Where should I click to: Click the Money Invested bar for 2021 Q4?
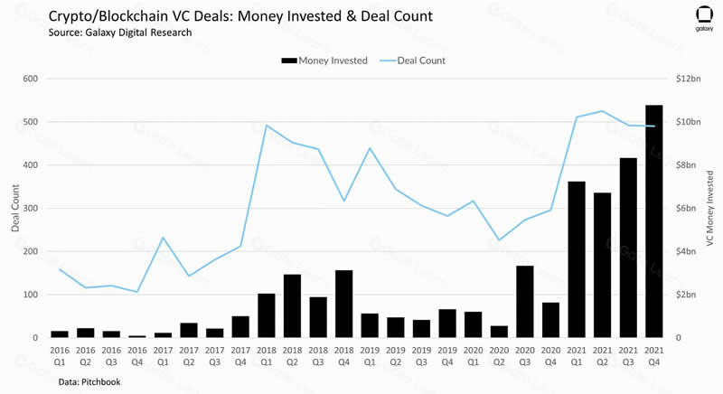[x=654, y=221]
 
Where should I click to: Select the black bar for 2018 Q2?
[x=292, y=306]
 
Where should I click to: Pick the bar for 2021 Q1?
[x=577, y=259]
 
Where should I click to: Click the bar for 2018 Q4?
[x=343, y=304]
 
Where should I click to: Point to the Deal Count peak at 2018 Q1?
[x=267, y=126]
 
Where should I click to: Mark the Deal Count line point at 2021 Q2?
[x=603, y=111]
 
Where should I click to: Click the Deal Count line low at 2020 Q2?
[x=500, y=240]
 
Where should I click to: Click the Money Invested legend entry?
[x=324, y=61]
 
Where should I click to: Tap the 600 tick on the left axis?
[x=30, y=79]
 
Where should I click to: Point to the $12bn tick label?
[x=689, y=79]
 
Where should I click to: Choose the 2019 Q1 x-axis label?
[x=370, y=354]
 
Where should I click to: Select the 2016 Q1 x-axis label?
[x=60, y=354]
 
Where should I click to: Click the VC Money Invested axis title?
[x=710, y=208]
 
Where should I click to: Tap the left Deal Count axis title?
[x=15, y=208]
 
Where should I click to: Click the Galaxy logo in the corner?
[x=704, y=18]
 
